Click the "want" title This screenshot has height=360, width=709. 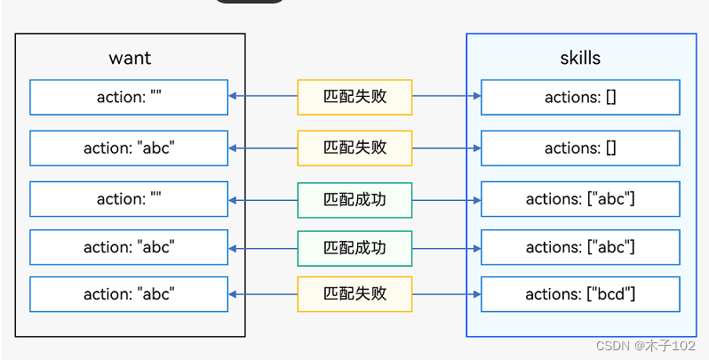click(x=130, y=59)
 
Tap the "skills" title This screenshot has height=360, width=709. click(x=580, y=59)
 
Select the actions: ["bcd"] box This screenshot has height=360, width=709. click(x=580, y=294)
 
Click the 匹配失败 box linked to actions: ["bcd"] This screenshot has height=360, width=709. click(x=354, y=294)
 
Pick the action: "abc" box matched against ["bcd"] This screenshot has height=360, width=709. click(x=129, y=294)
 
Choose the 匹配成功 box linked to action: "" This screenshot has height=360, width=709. click(x=354, y=199)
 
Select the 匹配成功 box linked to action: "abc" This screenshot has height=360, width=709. click(x=354, y=247)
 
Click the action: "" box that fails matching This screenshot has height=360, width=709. click(x=129, y=97)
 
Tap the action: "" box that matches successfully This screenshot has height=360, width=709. click(x=129, y=199)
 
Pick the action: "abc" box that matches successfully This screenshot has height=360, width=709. click(x=129, y=247)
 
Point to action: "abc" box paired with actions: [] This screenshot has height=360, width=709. click(x=129, y=148)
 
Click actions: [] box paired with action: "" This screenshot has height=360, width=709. click(x=580, y=97)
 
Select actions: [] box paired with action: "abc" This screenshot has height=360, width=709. click(x=580, y=148)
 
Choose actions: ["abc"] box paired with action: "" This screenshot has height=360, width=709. click(x=580, y=199)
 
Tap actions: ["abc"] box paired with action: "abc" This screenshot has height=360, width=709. click(x=580, y=247)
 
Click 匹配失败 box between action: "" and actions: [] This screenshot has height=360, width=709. click(x=354, y=97)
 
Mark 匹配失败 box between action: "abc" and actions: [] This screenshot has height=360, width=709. click(x=354, y=148)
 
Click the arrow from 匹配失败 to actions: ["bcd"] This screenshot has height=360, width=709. click(x=446, y=294)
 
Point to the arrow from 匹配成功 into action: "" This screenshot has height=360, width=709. click(x=263, y=199)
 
